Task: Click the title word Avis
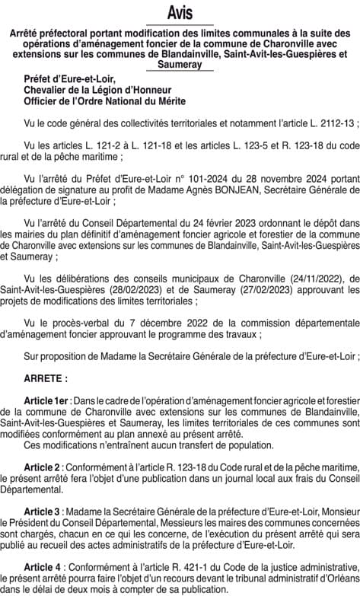180,13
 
